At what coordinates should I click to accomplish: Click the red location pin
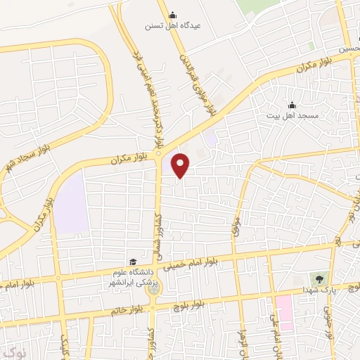(x=181, y=165)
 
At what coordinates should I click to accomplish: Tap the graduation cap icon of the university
(x=131, y=261)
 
